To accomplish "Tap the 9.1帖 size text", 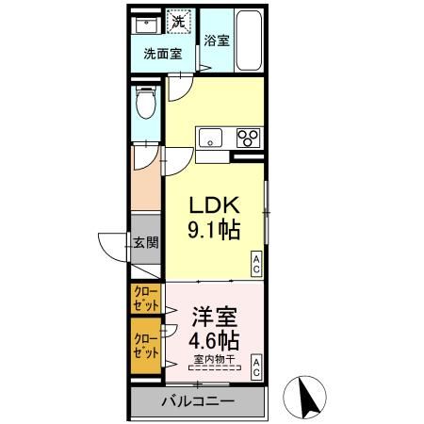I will pos(217,230).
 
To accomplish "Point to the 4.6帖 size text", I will pos(215,339).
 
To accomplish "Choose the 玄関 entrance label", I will pos(145,242).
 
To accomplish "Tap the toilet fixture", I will pos(146,100).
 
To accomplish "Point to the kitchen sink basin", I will pos(209,135).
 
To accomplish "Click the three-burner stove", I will pos(249,138).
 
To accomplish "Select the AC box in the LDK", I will pos(255,267).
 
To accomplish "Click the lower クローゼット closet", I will pos(146,344).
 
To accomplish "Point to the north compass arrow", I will pos(308,396).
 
